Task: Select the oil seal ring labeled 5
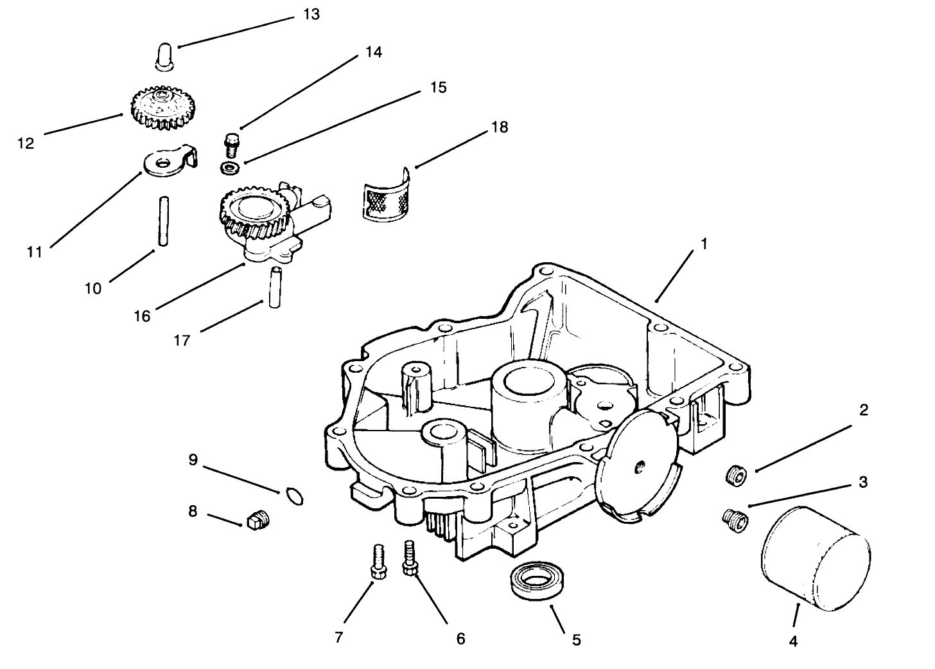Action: (535, 580)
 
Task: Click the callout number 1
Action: (704, 244)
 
